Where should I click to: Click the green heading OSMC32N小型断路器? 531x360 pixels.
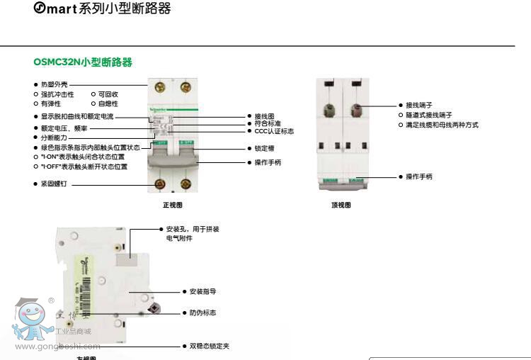point(83,62)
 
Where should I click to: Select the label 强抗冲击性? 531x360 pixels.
point(57,94)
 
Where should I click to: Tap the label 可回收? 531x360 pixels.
point(108,94)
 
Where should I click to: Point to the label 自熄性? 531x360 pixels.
point(108,103)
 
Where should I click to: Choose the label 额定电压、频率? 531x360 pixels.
point(64,128)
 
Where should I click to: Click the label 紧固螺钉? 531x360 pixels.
point(54,184)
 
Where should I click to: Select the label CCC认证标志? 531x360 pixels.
point(274,131)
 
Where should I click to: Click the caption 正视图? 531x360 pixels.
point(173,205)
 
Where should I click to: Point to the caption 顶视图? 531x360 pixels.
point(341,205)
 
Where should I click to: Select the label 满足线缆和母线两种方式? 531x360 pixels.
point(442,125)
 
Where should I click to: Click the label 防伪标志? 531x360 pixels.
point(202,313)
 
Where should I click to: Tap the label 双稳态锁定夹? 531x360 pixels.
point(209,347)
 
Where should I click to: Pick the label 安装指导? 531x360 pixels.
point(202,291)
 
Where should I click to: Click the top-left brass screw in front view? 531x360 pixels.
point(160,87)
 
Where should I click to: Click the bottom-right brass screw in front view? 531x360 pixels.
point(185,185)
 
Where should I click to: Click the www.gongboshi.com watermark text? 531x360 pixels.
point(57,347)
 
